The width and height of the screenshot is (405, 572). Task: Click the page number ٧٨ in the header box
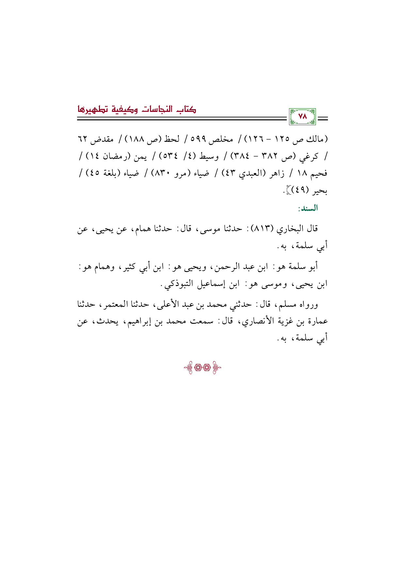click(x=302, y=116)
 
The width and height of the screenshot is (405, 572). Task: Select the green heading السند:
click(x=308, y=208)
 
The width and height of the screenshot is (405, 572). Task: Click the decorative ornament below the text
click(x=202, y=368)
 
